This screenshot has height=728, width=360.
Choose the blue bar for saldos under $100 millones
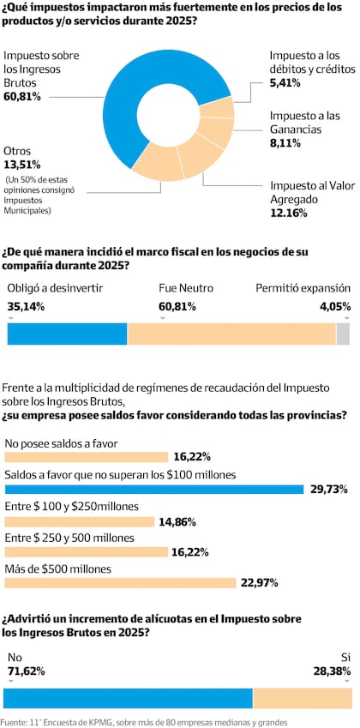(x=154, y=490)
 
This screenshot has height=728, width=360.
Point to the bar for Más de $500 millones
(x=120, y=583)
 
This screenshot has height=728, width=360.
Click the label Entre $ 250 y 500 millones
(x=69, y=538)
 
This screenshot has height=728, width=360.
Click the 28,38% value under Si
(x=333, y=671)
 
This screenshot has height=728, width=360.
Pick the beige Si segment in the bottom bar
(x=302, y=698)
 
